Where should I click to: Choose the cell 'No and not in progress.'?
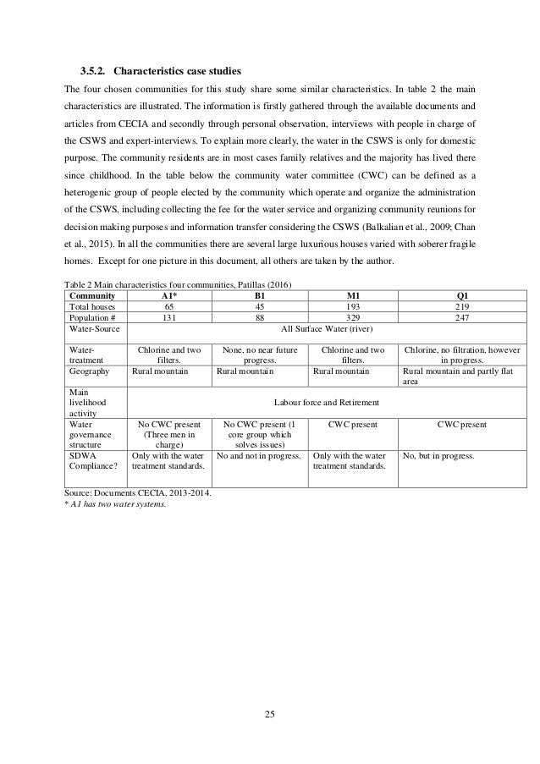tap(259, 454)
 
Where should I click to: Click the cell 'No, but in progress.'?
tap(438, 454)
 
